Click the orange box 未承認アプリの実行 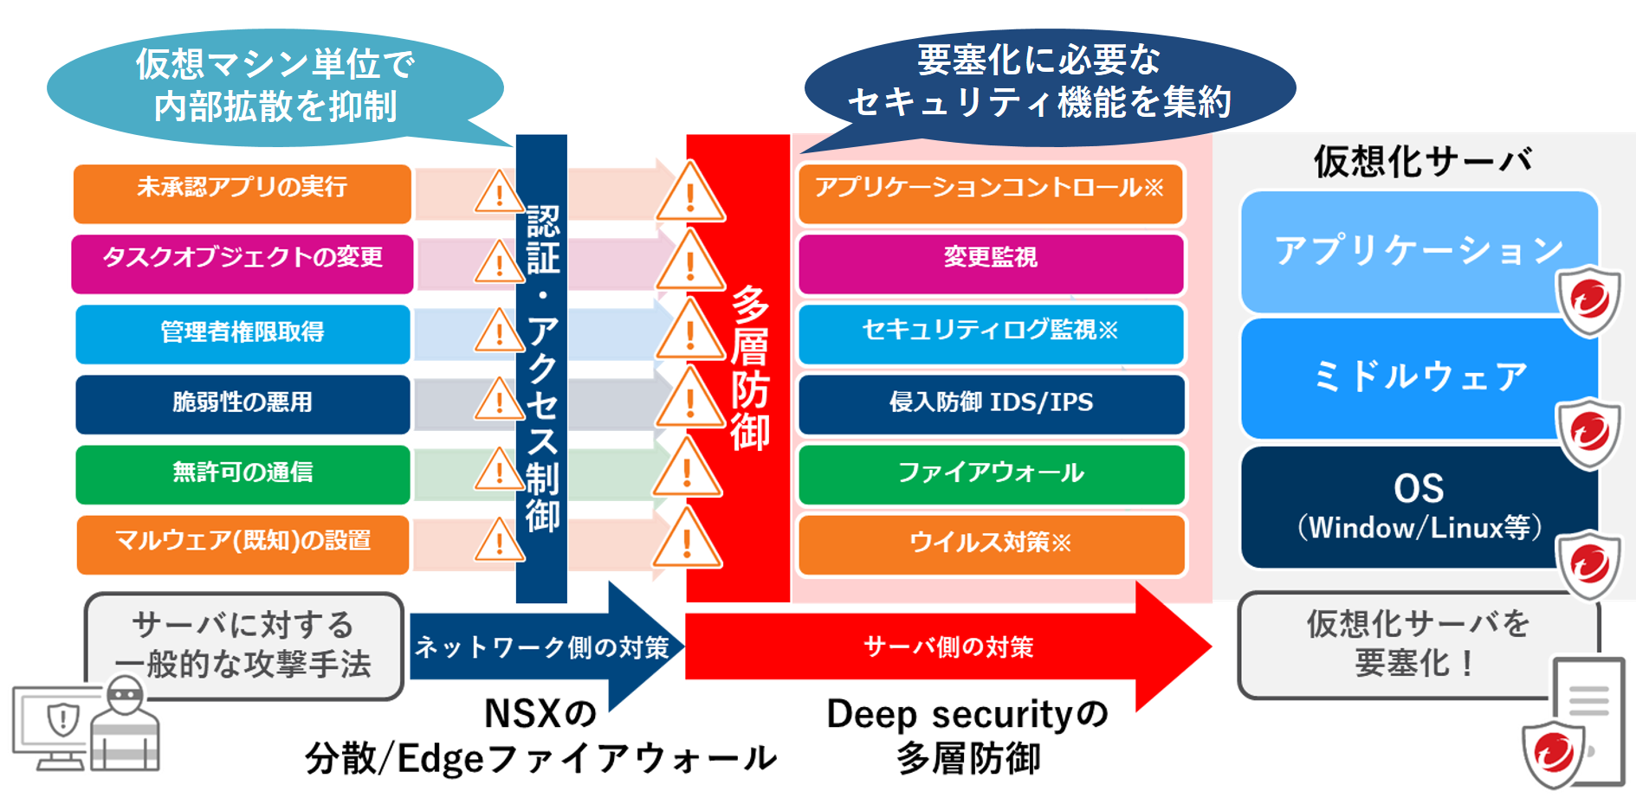click(242, 193)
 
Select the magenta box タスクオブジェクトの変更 click(242, 263)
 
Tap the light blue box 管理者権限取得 click(242, 333)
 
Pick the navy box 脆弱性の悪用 click(242, 403)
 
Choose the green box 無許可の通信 click(242, 473)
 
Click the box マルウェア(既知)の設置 click(242, 544)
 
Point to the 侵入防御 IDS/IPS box click(990, 403)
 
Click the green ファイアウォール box click(990, 473)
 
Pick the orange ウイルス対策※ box click(990, 544)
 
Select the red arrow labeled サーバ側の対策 click(948, 646)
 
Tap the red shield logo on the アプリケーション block click(1588, 300)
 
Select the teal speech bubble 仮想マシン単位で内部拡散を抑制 click(275, 87)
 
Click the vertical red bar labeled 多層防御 click(738, 368)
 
